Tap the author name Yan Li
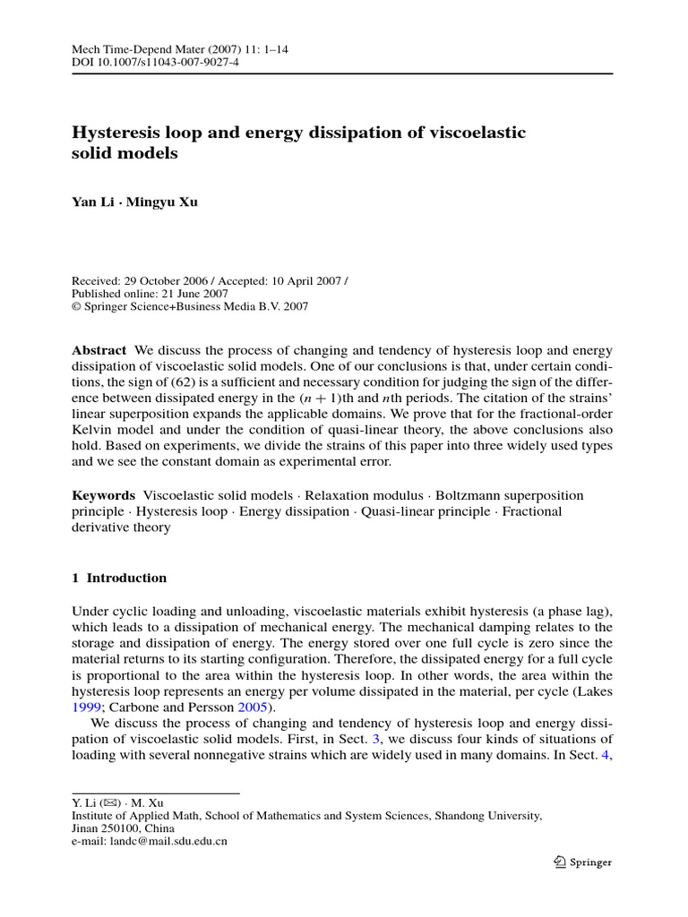(x=95, y=201)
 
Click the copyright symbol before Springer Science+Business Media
(x=76, y=306)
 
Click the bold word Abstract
(x=98, y=349)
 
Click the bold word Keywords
(x=103, y=495)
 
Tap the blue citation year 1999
(x=86, y=707)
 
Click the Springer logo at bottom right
(x=582, y=862)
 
